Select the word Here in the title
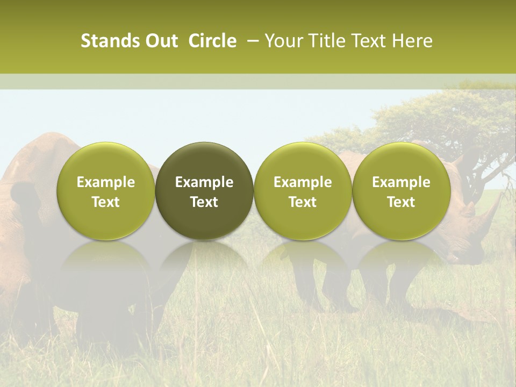tap(412, 41)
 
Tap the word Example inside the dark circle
tap(204, 182)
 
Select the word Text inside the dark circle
tap(204, 202)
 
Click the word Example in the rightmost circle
tap(402, 182)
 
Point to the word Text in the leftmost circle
tap(106, 202)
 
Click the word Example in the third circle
tap(303, 182)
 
